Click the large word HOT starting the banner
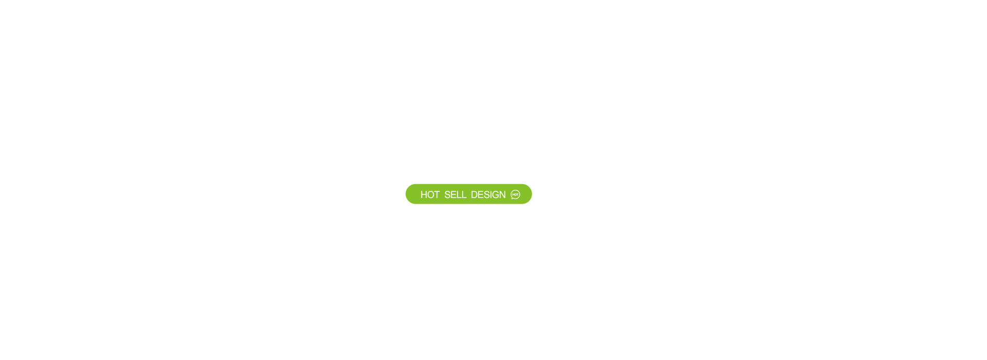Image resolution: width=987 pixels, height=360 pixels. click(x=430, y=194)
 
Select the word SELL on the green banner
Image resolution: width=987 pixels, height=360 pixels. click(x=455, y=194)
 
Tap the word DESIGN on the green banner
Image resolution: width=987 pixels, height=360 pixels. click(x=488, y=194)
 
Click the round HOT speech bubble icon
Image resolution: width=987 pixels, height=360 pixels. click(x=515, y=194)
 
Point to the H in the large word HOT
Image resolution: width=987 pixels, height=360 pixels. click(x=424, y=194)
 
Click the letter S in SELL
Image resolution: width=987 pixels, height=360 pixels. click(x=447, y=194)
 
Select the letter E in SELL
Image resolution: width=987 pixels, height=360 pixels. click(x=454, y=194)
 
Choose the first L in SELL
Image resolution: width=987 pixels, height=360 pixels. click(x=460, y=194)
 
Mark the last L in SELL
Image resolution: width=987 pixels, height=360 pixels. click(x=465, y=194)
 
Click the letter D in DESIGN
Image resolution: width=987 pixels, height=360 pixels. click(x=474, y=194)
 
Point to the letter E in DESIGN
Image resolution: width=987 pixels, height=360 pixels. click(x=481, y=194)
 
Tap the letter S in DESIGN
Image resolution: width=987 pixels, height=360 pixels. click(x=487, y=194)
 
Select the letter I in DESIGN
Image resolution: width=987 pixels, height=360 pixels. click(x=491, y=194)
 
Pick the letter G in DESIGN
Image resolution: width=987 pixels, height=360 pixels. click(x=496, y=194)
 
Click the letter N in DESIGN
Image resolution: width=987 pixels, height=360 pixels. click(x=503, y=194)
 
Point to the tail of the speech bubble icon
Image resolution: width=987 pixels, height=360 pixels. click(x=512, y=198)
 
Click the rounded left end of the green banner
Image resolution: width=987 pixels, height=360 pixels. click(x=411, y=194)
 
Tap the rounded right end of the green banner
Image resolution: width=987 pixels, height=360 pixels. click(x=527, y=194)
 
